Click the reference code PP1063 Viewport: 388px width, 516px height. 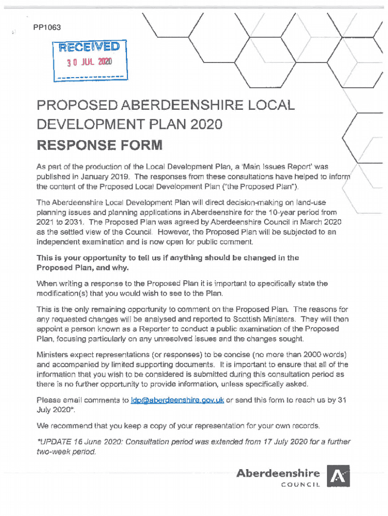pos(47,27)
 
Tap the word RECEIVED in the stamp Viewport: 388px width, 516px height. pos(89,47)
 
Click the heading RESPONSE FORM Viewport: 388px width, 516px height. pos(99,146)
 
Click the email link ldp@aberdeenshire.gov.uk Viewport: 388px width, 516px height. pos(177,401)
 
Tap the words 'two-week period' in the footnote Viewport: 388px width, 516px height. pos(65,451)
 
